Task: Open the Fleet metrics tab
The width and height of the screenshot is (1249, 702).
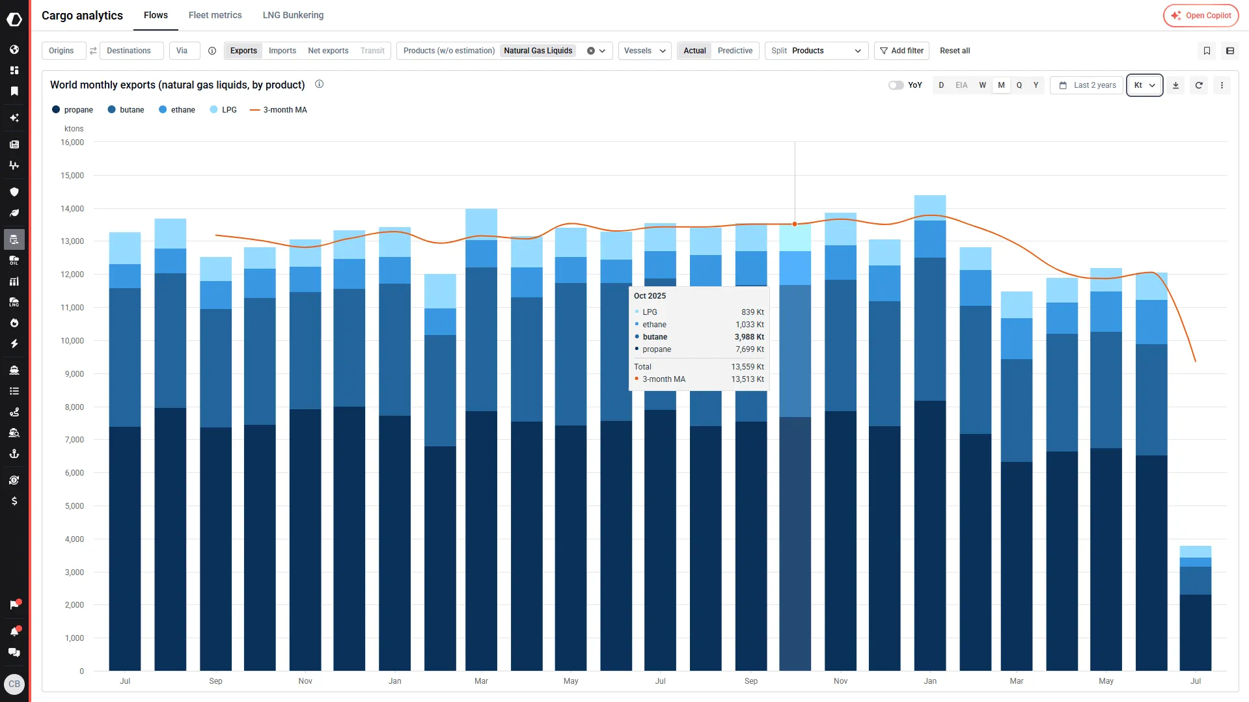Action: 215,15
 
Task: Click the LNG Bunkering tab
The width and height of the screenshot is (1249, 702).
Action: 293,15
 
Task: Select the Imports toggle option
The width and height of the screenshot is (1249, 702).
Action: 282,51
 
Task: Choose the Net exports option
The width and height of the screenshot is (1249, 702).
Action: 328,51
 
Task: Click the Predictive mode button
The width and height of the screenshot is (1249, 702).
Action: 735,51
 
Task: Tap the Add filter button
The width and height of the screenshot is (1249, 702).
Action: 901,51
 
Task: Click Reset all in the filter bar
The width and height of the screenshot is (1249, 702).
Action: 955,51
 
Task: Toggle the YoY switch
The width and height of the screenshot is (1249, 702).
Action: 896,85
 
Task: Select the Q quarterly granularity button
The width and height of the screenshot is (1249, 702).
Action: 1019,85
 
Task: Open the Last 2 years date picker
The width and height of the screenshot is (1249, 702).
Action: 1088,85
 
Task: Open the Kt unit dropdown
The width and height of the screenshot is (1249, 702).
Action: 1144,85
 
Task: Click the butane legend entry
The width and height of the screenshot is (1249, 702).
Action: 126,110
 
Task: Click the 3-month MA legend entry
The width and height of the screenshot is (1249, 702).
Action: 279,110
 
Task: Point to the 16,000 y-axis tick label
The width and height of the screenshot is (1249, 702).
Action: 72,142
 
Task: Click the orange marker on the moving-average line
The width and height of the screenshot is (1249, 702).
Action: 795,224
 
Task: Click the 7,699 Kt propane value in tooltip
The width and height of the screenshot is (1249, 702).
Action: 750,349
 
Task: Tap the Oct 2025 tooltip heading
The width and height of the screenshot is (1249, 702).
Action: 650,296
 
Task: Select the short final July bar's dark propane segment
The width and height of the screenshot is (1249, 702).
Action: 1196,632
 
